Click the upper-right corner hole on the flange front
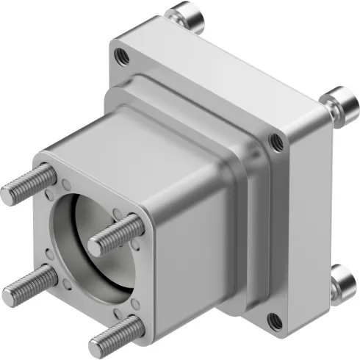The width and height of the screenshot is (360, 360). tap(276, 141)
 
